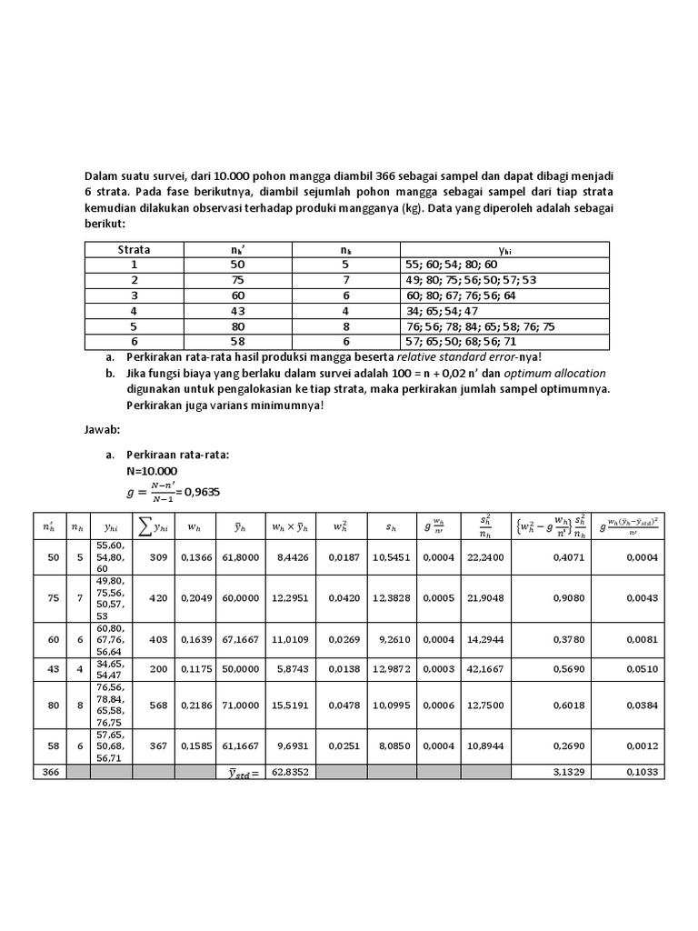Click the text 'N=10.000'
(x=152, y=471)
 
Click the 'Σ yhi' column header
(x=153, y=526)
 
